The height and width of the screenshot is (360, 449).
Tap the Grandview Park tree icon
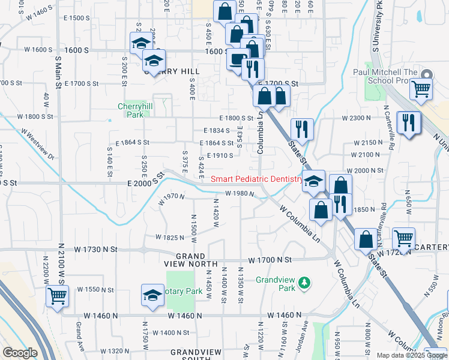coord(305,282)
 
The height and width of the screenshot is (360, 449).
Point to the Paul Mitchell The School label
coord(384,76)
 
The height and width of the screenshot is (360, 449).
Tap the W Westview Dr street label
coord(38,143)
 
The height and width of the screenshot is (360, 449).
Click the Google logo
coord(20,353)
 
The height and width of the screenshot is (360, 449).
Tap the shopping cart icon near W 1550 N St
coord(58,295)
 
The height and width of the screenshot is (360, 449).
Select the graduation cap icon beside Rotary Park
coord(152,295)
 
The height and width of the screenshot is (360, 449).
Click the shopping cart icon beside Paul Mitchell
coord(421,88)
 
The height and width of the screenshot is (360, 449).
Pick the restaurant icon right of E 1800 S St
coord(301,128)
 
